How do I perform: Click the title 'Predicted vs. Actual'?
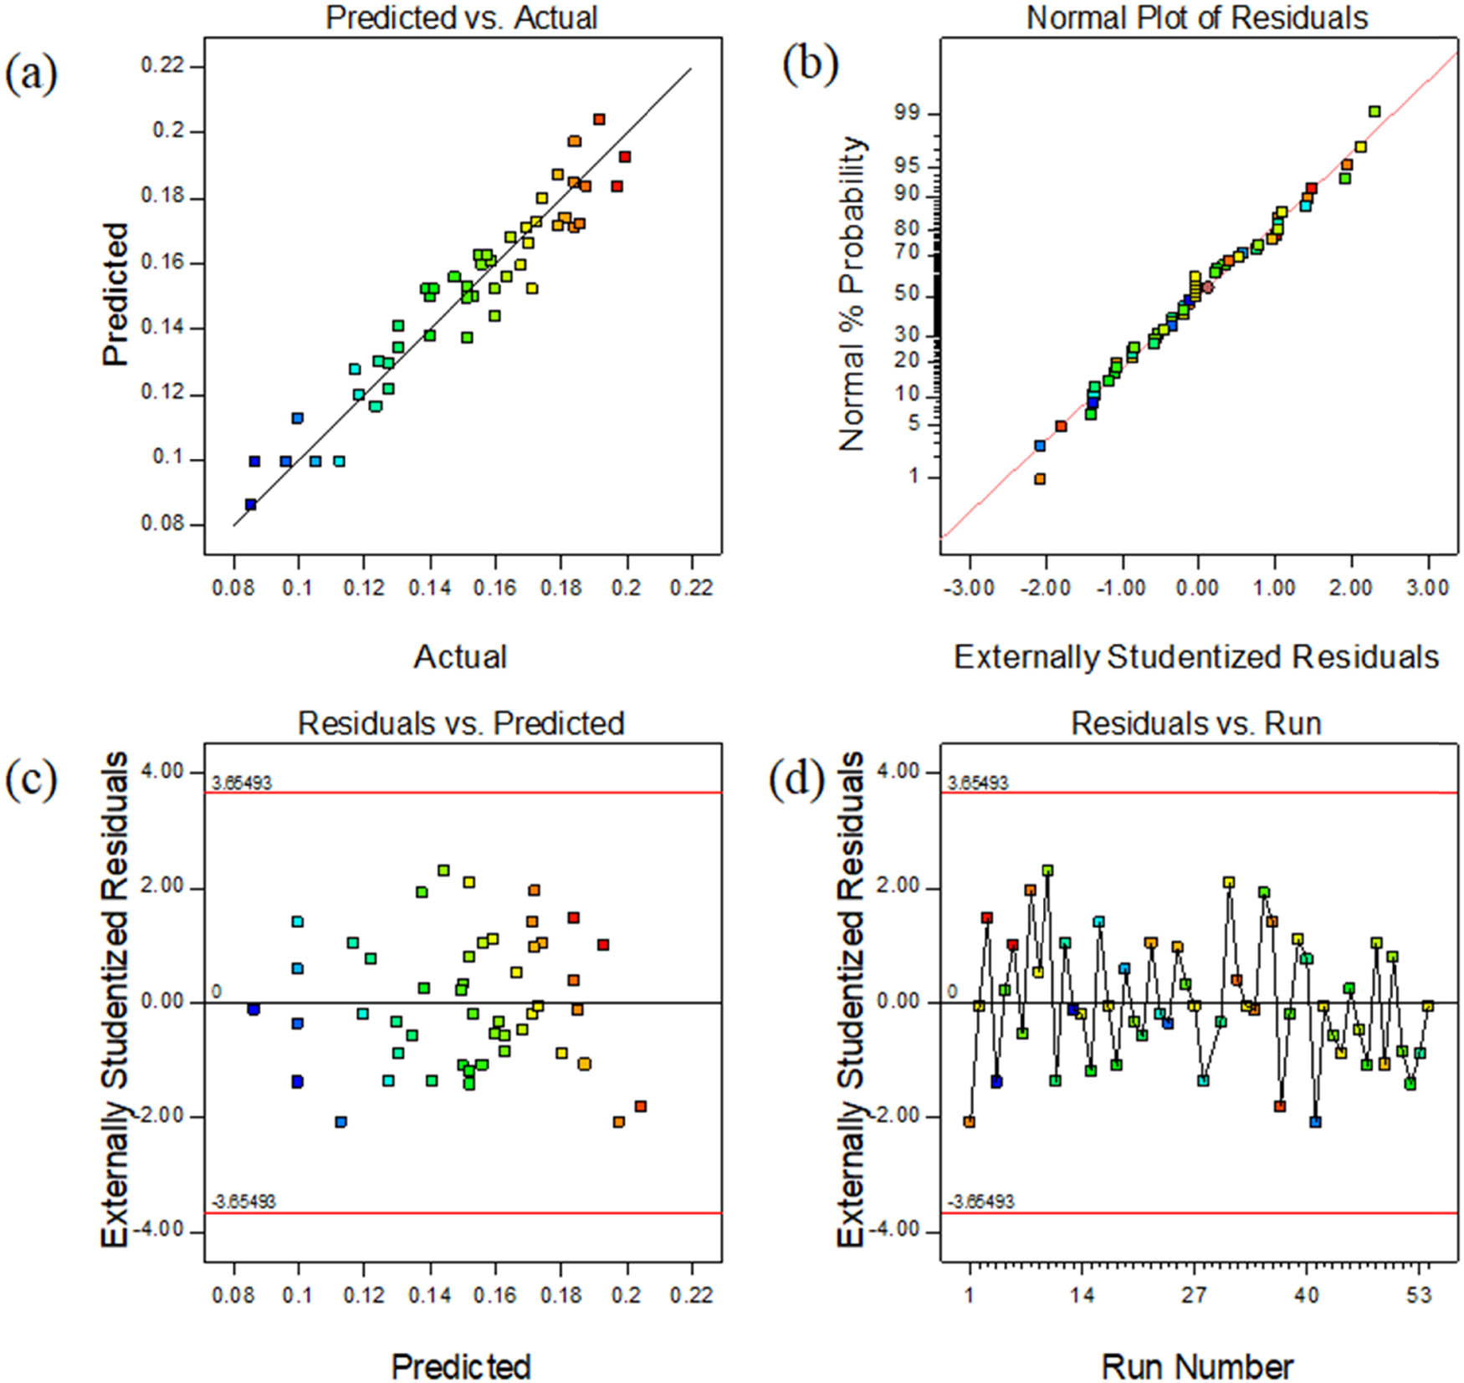click(461, 18)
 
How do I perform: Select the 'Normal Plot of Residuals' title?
click(1197, 18)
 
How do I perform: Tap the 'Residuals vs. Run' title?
click(1196, 723)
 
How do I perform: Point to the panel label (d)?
click(796, 779)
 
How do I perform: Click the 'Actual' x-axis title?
click(460, 657)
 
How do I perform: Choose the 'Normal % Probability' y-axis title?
click(852, 293)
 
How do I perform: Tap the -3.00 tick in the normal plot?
click(970, 588)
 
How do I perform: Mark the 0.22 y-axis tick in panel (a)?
click(162, 66)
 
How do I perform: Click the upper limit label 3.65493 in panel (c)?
click(242, 783)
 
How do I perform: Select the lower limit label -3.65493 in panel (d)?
click(980, 1202)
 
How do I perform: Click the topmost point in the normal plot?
click(1374, 111)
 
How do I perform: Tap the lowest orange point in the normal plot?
click(1040, 479)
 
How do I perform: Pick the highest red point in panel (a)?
click(599, 120)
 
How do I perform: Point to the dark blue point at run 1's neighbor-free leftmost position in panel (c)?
click(253, 1010)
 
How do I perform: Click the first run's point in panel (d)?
click(970, 1122)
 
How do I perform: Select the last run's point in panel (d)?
click(1428, 1007)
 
